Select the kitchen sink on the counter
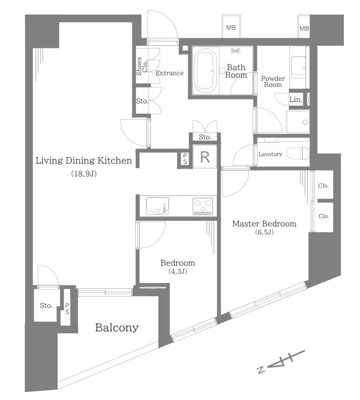pyautogui.click(x=158, y=206)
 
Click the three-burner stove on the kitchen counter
pyautogui.click(x=202, y=206)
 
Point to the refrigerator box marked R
pyautogui.click(x=204, y=157)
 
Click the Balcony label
pyautogui.click(x=117, y=328)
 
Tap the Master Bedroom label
pyautogui.click(x=264, y=224)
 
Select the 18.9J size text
pyautogui.click(x=84, y=174)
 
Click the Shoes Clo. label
pyautogui.click(x=142, y=66)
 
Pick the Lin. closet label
pyautogui.click(x=296, y=99)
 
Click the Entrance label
pyautogui.click(x=170, y=73)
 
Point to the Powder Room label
pyautogui.click(x=273, y=82)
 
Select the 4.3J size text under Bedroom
pyautogui.click(x=178, y=271)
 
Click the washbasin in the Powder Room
pyautogui.click(x=298, y=67)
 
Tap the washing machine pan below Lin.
pyautogui.click(x=298, y=122)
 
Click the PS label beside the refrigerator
pyautogui.click(x=185, y=159)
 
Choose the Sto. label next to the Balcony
pyautogui.click(x=46, y=306)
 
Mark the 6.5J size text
pyautogui.click(x=265, y=232)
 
